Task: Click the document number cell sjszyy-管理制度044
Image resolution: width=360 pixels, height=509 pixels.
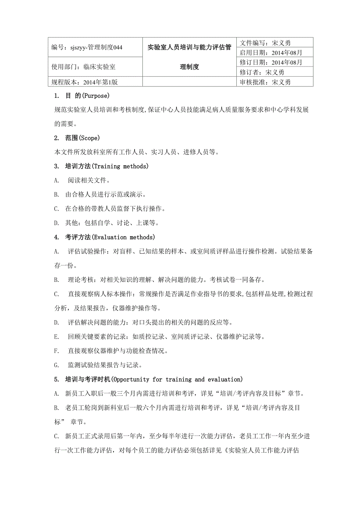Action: point(87,48)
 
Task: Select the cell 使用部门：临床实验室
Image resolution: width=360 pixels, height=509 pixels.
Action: point(83,67)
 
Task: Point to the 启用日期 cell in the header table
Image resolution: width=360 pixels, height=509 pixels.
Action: point(270,52)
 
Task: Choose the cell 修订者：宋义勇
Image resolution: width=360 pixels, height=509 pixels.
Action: point(261,72)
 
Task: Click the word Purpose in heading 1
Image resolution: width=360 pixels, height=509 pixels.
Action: point(94,96)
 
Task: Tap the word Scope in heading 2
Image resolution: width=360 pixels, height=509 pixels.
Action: point(90,138)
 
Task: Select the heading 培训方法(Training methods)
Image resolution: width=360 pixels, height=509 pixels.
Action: point(106,167)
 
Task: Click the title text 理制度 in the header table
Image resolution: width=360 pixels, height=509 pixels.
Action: point(189,67)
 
